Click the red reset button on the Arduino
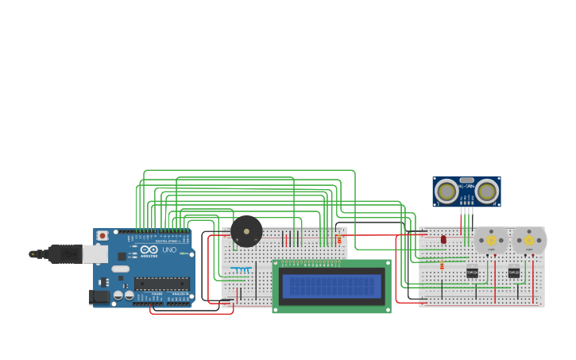click(x=102, y=235)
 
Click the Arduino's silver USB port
click(x=95, y=254)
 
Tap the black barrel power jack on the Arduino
click(x=99, y=296)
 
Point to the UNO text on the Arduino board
click(x=169, y=250)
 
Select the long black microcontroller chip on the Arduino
click(x=161, y=283)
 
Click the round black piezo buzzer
click(x=246, y=231)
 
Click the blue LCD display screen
click(x=331, y=285)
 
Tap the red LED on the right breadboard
click(x=443, y=238)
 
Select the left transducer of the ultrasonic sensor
click(x=447, y=191)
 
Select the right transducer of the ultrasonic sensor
click(x=486, y=191)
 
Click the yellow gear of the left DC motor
click(x=491, y=239)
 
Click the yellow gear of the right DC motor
click(x=528, y=239)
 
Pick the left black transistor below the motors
click(x=473, y=272)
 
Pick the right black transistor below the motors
click(x=513, y=272)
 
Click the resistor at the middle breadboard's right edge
click(x=339, y=239)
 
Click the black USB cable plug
click(x=64, y=254)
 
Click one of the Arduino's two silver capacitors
click(x=118, y=295)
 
